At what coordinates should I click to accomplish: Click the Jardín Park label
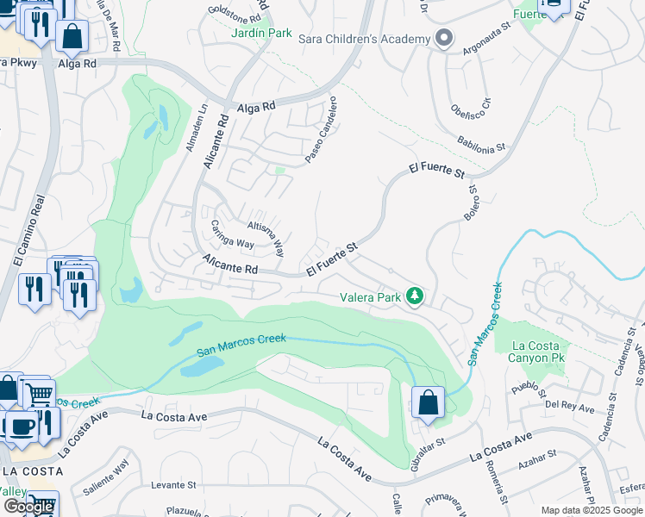(x=262, y=33)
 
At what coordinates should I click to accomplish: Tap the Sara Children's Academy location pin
(x=444, y=39)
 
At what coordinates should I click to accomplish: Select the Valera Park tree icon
(x=416, y=296)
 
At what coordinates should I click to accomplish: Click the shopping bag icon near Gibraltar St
(x=429, y=403)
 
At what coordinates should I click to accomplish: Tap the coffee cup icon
(x=22, y=425)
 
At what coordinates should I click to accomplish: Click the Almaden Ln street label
(x=196, y=127)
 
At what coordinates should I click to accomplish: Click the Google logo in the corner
(x=28, y=507)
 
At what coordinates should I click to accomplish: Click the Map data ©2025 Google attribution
(x=592, y=510)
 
